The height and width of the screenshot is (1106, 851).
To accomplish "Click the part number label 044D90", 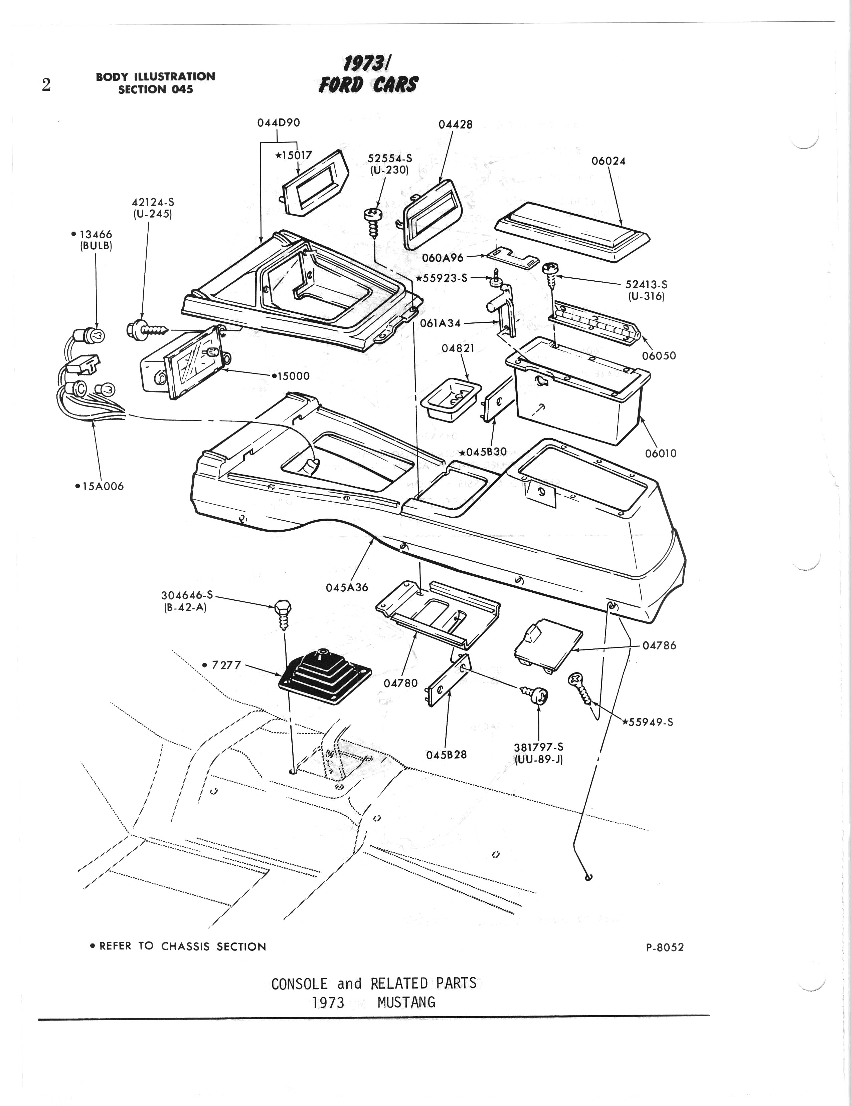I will click(x=278, y=122).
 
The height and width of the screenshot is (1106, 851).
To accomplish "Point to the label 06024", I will click(x=609, y=161).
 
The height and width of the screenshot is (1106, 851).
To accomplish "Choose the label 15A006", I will click(x=99, y=486).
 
